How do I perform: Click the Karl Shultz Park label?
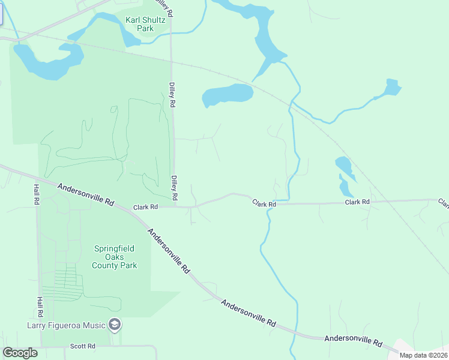click(x=145, y=24)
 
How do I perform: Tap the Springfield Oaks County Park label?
click(x=114, y=257)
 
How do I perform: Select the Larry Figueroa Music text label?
click(x=66, y=326)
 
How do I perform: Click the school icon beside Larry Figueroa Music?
click(x=115, y=325)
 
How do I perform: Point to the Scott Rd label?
click(x=83, y=346)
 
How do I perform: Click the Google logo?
click(x=20, y=353)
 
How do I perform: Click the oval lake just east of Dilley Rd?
click(x=228, y=95)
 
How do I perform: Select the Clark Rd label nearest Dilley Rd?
click(x=145, y=206)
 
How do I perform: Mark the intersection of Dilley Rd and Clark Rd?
click(x=175, y=206)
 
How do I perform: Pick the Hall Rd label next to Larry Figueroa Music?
click(x=39, y=306)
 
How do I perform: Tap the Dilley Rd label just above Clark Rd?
click(x=174, y=188)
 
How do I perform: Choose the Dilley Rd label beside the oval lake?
click(x=172, y=95)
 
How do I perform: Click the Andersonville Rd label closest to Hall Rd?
click(x=85, y=195)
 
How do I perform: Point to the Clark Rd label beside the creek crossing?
click(x=264, y=204)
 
